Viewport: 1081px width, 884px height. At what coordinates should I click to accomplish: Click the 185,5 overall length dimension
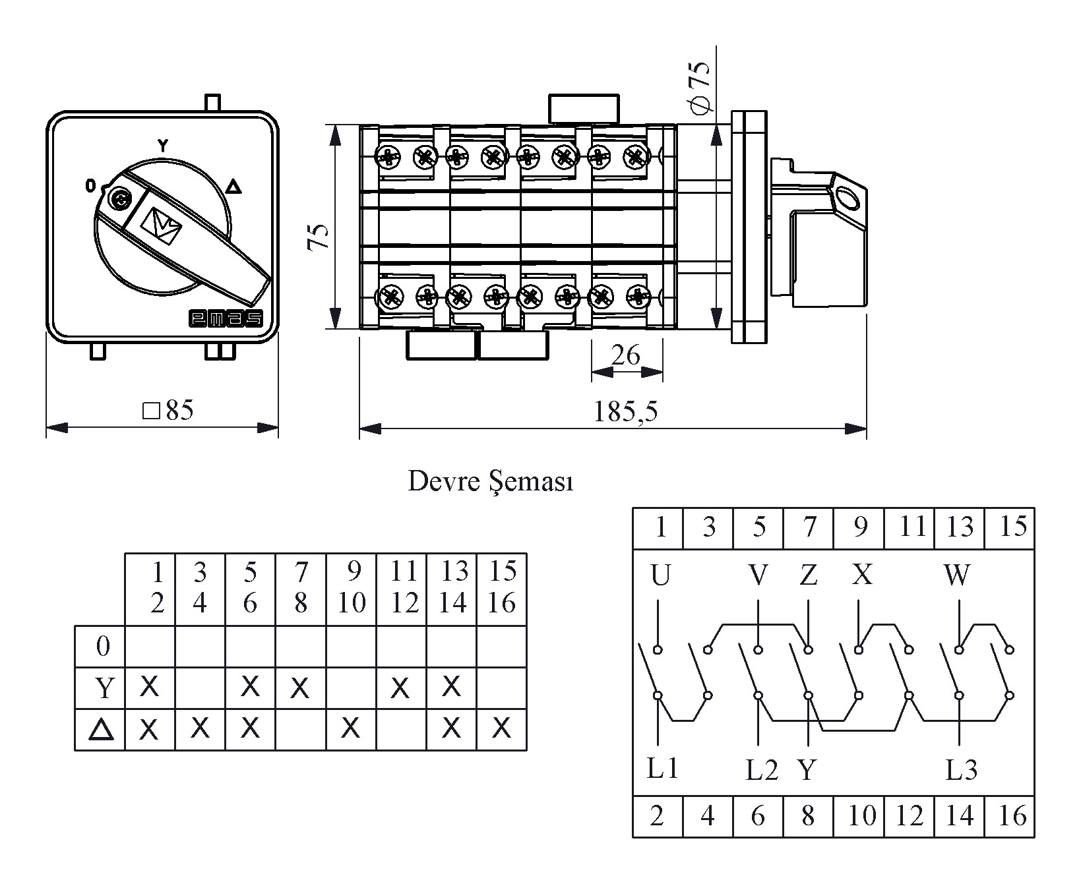(625, 411)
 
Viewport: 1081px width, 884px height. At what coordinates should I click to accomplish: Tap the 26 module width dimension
(625, 355)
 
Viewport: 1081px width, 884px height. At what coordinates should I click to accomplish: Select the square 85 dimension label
(169, 410)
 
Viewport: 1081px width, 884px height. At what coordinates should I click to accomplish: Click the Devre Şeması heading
(491, 481)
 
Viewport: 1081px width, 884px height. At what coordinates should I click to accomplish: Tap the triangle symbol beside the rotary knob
(233, 187)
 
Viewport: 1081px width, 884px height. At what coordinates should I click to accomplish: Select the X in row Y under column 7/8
(300, 688)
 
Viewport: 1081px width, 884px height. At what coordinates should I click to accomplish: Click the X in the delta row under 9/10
(351, 728)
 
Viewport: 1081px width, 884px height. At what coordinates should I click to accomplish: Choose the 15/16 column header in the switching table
(502, 587)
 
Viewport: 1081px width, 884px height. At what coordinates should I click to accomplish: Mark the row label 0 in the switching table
(102, 647)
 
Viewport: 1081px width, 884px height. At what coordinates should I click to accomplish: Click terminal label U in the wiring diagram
(660, 576)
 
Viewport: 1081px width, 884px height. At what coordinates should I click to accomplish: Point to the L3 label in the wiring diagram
(961, 769)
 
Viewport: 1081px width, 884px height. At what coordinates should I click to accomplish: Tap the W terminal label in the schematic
(957, 575)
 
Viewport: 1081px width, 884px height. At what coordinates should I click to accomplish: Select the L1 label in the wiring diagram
(662, 768)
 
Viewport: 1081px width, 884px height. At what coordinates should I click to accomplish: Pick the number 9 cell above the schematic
(859, 527)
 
